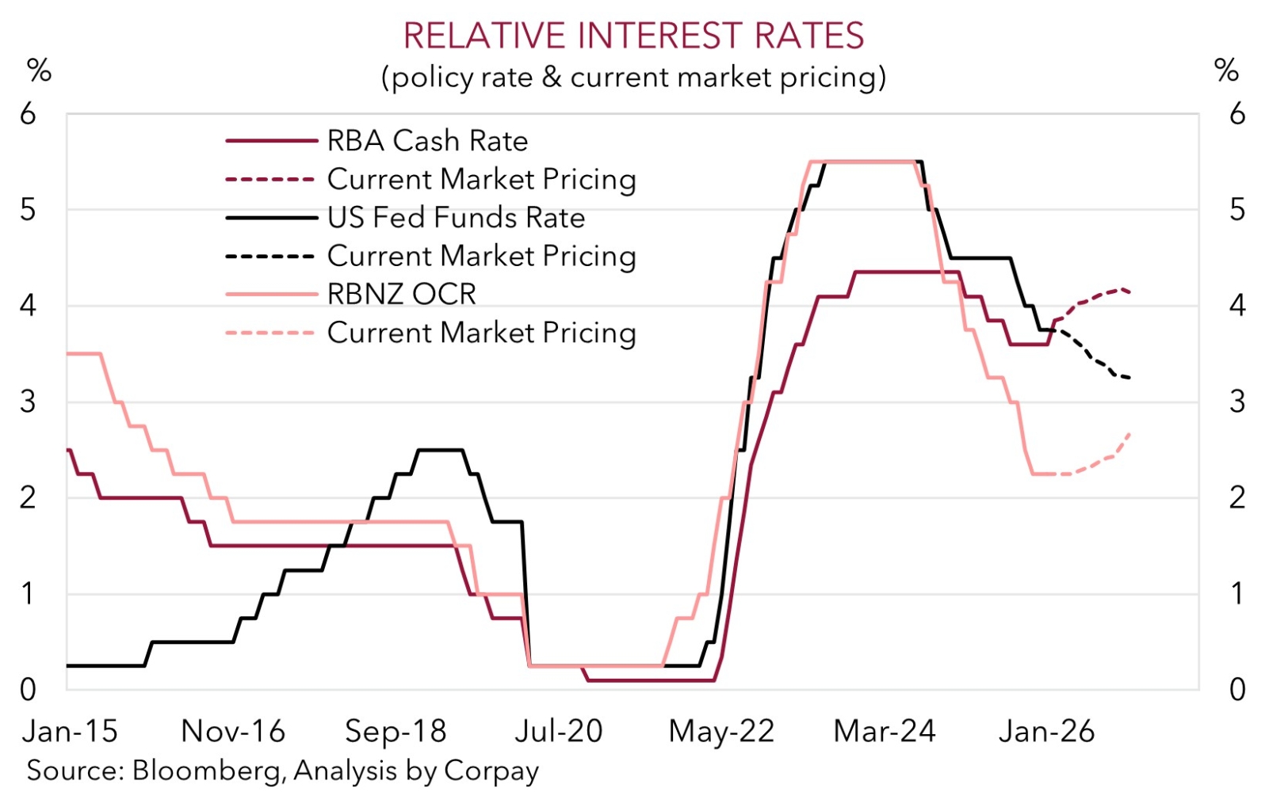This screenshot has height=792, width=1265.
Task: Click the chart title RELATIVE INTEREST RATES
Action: click(x=633, y=36)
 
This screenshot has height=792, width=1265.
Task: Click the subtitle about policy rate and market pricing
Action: click(x=633, y=78)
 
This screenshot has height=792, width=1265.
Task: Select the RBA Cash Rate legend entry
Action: click(x=427, y=141)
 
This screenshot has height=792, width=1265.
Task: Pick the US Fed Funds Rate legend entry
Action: click(x=456, y=218)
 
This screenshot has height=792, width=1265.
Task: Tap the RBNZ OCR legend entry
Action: click(x=401, y=295)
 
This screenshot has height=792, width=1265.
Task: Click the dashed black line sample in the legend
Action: click(x=270, y=257)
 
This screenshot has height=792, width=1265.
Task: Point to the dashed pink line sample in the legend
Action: click(x=270, y=333)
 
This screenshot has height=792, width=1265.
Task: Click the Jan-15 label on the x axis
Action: click(x=70, y=731)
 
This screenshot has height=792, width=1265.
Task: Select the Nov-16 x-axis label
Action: click(x=233, y=731)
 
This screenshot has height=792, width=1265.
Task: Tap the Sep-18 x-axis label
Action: click(x=396, y=731)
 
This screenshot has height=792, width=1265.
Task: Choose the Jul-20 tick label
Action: click(x=559, y=731)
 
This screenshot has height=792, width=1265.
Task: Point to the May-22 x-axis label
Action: click(x=721, y=731)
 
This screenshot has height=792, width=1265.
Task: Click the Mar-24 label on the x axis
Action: click(x=885, y=731)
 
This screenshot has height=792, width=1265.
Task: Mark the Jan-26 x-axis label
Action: click(x=1047, y=731)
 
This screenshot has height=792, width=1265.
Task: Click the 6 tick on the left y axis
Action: click(x=28, y=114)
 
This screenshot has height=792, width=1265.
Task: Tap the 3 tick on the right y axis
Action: click(x=1237, y=402)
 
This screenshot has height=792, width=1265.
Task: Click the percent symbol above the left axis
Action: click(x=39, y=70)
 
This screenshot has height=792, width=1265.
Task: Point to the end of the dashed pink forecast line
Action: click(x=1129, y=433)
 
